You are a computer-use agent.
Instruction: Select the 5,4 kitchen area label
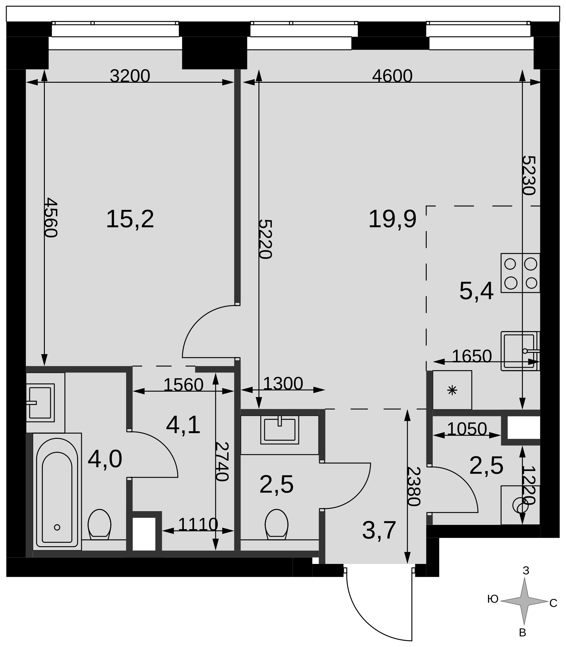[x=476, y=291]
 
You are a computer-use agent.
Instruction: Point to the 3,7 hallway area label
[x=379, y=530]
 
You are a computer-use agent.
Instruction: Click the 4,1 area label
[x=183, y=425]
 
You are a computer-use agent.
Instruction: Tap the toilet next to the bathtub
[x=100, y=524]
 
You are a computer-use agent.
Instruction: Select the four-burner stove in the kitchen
[x=520, y=273]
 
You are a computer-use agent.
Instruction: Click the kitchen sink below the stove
[x=520, y=351]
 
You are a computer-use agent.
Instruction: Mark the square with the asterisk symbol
[x=452, y=390]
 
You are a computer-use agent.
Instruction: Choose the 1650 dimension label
[x=472, y=356]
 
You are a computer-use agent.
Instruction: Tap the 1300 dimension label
[x=283, y=384]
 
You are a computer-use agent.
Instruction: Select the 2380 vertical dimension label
[x=414, y=487]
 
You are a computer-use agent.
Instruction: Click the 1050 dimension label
[x=467, y=429]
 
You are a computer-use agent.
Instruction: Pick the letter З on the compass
[x=526, y=571]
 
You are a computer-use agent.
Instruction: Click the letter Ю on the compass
[x=493, y=599]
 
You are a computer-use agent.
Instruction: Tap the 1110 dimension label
[x=198, y=525]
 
